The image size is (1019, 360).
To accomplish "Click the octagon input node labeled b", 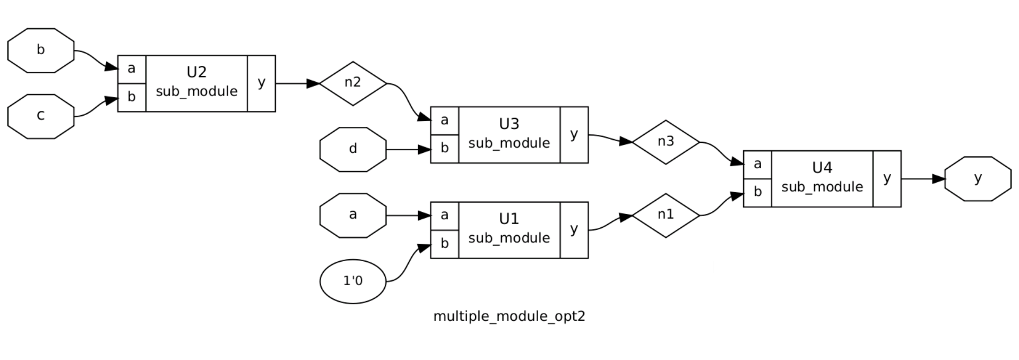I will (41, 50).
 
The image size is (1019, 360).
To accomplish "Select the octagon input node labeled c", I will (41, 116).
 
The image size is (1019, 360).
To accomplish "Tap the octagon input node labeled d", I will (353, 149).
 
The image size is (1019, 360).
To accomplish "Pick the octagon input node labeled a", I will (353, 215).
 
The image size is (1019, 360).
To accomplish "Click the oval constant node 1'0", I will (353, 281).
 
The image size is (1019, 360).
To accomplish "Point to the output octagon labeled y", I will (978, 178).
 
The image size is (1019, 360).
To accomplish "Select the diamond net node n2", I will (353, 83).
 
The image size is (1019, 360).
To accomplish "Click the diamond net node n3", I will (666, 142).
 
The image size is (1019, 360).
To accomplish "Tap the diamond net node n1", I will (666, 215).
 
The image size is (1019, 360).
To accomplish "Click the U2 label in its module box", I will (196, 72).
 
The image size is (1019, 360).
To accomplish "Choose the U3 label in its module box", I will (509, 124).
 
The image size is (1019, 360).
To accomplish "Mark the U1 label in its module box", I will (509, 219).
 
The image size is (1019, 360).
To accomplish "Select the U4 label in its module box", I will (822, 168).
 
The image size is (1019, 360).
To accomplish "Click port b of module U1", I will (444, 244).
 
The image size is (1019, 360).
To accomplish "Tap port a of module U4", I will (757, 164).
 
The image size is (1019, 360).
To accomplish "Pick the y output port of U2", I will (261, 83).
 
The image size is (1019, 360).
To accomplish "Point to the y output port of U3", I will (574, 134).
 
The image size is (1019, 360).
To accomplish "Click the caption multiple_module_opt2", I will (509, 316).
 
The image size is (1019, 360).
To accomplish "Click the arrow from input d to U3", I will (409, 150).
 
